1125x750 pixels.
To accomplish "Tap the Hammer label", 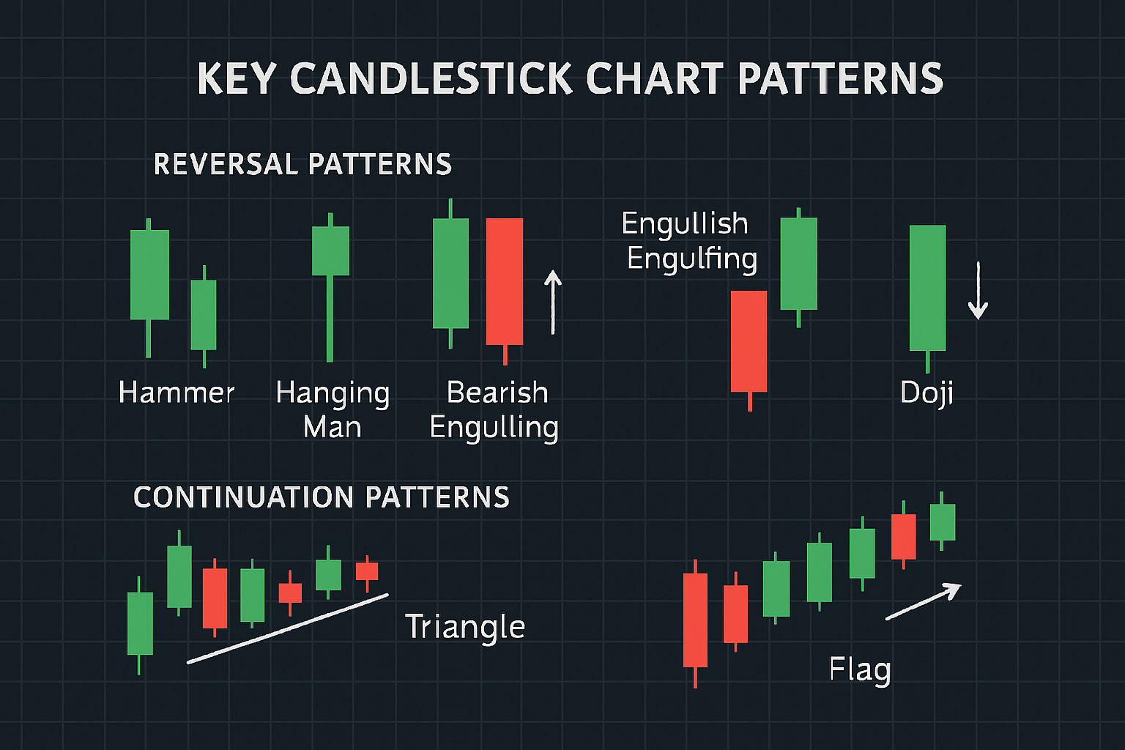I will click(177, 393).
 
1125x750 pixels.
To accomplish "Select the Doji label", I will click(927, 393).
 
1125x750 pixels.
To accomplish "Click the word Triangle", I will click(465, 627).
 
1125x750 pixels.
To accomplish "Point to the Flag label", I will click(860, 669).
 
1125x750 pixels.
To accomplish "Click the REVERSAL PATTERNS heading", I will click(302, 164).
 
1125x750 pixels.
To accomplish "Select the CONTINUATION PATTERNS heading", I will click(322, 497).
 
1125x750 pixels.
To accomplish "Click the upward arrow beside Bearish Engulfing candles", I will click(553, 302).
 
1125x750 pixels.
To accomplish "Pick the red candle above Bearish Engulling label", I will click(505, 281).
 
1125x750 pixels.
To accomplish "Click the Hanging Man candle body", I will click(330, 250).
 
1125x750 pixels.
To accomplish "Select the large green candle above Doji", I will click(927, 288).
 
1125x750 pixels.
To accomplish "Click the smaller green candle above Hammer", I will click(204, 315).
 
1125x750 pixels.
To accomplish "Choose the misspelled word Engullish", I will click(685, 223).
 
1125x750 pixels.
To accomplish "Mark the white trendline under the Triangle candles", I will click(288, 628).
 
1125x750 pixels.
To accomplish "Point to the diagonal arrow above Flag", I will click(923, 601).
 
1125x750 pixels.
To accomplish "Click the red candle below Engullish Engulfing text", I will click(749, 341).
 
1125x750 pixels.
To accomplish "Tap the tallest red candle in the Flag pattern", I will click(695, 620).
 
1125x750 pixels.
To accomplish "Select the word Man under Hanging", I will click(333, 427).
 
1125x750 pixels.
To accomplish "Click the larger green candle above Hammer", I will click(149, 275).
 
